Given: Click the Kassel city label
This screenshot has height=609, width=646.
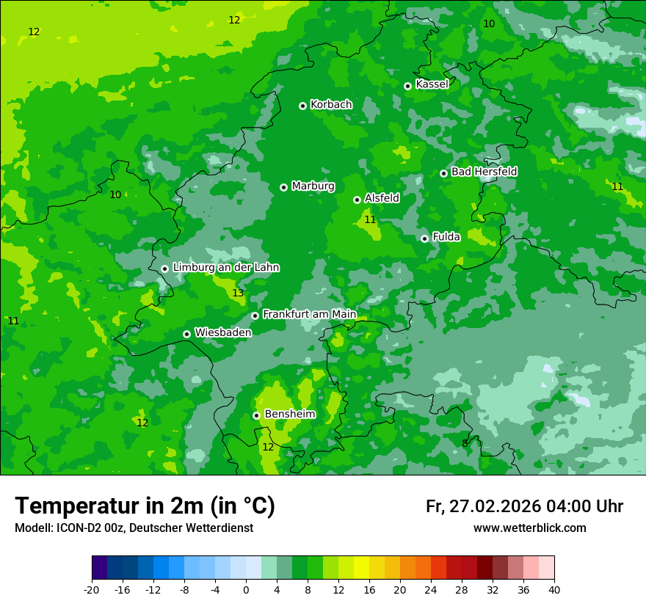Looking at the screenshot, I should [x=432, y=84].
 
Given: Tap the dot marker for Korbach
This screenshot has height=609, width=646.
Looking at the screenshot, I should [x=302, y=106].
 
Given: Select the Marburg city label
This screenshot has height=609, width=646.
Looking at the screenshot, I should [x=313, y=186].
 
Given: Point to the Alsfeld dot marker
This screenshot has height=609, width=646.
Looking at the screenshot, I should [x=357, y=200].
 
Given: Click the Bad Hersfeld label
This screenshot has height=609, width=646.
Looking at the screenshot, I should [x=484, y=172].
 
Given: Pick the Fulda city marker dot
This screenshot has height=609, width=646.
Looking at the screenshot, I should [x=424, y=238].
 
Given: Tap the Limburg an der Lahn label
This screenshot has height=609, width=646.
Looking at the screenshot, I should [x=225, y=268].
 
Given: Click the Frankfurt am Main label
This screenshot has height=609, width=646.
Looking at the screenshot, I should [x=309, y=314].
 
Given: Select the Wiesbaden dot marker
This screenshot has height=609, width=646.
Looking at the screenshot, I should [x=186, y=334].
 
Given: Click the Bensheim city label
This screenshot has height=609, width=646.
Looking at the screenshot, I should [x=289, y=414].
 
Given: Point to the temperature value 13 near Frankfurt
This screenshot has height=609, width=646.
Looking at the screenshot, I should [x=238, y=293].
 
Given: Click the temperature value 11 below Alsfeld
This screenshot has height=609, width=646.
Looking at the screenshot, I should [x=370, y=219].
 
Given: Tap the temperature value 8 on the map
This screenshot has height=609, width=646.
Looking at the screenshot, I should [x=465, y=444].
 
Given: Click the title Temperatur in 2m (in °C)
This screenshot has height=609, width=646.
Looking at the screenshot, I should [x=145, y=506].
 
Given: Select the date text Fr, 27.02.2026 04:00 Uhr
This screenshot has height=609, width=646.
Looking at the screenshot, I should [x=524, y=506].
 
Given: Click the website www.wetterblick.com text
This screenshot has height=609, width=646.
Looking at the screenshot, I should [x=529, y=528].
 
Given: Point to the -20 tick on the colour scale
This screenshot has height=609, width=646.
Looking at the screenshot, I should [x=92, y=589].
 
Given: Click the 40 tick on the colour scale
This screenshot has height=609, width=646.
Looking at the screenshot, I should [x=554, y=589].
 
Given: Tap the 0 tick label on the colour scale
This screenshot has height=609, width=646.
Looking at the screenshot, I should [x=246, y=589].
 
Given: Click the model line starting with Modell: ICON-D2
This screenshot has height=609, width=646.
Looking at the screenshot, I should [x=134, y=528].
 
